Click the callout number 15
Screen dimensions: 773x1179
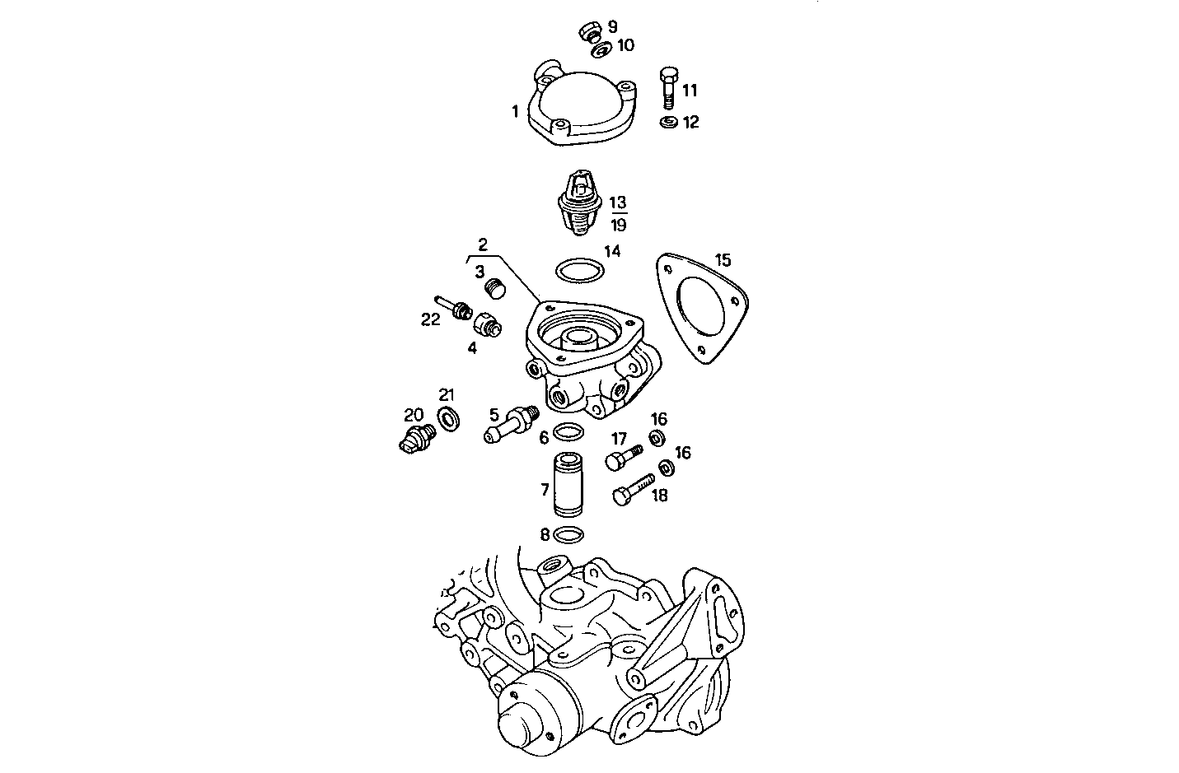(723, 260)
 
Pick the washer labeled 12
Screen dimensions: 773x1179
(668, 123)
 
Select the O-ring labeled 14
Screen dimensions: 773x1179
(578, 269)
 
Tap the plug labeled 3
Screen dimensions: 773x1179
(494, 288)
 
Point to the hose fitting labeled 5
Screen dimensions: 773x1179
(509, 421)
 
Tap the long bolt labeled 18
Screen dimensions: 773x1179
(633, 489)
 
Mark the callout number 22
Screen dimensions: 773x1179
(431, 319)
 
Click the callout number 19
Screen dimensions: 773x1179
(618, 225)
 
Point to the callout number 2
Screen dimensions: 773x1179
(483, 244)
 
